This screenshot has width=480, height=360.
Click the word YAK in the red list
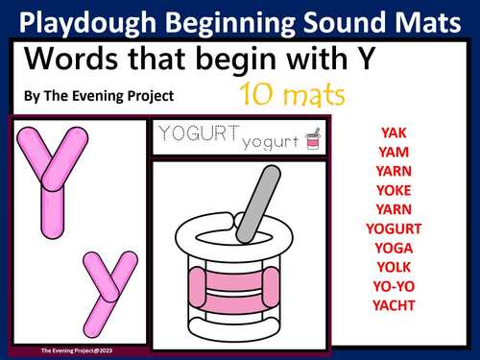tap(392, 132)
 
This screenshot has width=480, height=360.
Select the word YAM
tap(392, 152)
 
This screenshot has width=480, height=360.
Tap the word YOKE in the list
tap(392, 190)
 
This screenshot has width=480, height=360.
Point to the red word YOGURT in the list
tap(394, 228)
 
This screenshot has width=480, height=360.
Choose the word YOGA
tap(394, 248)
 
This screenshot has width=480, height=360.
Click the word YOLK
tap(393, 267)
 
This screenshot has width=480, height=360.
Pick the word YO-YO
tap(394, 286)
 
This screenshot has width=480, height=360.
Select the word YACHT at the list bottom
tap(394, 305)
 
